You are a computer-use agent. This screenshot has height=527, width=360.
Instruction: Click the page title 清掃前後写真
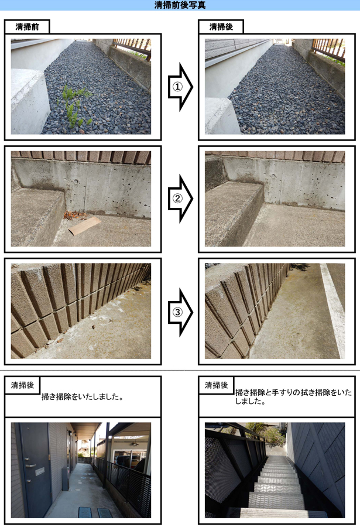pos(180,5)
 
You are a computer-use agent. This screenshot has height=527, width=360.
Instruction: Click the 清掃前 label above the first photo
pos(28,27)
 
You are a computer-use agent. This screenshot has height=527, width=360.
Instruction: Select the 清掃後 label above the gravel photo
pos(221,27)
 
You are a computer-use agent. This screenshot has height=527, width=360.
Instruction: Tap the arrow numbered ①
pos(180,87)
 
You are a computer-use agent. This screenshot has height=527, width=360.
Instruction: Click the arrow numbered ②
pos(180,199)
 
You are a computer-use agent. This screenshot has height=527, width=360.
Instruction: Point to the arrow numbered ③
pos(180,312)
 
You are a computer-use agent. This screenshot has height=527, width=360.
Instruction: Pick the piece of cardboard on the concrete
pos(85,226)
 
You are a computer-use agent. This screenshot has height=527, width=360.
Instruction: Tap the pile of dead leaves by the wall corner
pos(74,214)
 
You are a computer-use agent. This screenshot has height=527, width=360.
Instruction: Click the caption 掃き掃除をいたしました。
pos(83,397)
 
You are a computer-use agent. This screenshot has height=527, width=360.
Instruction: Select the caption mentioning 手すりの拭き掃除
pos(293,396)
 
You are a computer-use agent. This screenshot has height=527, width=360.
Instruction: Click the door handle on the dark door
pos(30,466)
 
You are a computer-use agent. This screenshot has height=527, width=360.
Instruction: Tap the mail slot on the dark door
pos(39,471)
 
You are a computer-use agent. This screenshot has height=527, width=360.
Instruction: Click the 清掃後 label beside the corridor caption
pos(22,385)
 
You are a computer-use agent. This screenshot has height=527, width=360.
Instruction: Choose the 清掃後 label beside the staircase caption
pos(216,385)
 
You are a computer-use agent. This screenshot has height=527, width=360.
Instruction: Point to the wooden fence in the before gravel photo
pos(133,47)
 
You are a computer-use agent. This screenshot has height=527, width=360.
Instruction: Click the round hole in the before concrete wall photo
pos(76,182)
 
